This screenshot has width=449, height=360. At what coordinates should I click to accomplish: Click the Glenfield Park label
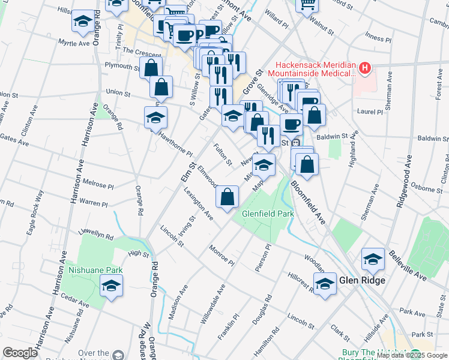(x=268, y=214)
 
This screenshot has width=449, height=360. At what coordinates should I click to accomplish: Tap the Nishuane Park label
(x=95, y=270)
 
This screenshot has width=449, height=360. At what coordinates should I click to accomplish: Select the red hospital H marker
(x=364, y=68)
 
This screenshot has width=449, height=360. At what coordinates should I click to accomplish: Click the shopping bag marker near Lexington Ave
(x=228, y=197)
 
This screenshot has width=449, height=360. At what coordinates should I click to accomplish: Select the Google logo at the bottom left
(x=20, y=353)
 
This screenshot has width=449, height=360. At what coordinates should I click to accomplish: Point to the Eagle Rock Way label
(x=40, y=206)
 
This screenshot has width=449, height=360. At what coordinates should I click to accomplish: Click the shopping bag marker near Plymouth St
(x=151, y=67)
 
